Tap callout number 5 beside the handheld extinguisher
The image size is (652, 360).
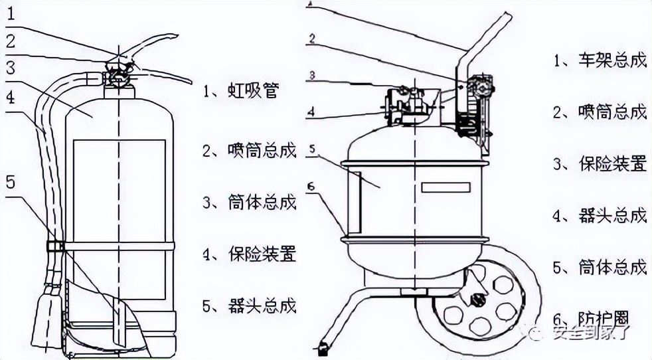click(9, 181)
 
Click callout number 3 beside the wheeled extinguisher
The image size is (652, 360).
click(311, 74)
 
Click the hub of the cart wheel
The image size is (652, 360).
click(476, 297)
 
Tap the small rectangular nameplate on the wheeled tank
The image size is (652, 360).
click(446, 187)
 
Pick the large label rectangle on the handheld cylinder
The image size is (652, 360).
click(120, 219)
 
